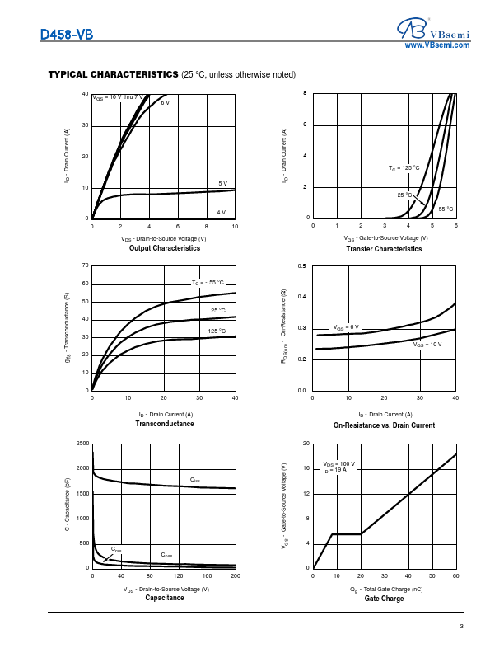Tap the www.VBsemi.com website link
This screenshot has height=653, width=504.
coord(436,45)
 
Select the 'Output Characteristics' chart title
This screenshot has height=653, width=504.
coord(165,248)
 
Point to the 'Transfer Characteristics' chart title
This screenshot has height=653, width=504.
coord(384,249)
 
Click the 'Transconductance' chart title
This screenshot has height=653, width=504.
coord(165,424)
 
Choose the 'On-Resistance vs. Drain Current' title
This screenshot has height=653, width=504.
coord(384,425)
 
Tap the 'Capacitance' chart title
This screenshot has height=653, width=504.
coord(165,598)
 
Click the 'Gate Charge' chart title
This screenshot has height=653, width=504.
coord(384,599)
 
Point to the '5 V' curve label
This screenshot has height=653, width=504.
coord(222,183)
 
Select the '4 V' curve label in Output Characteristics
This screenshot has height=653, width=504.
coord(221,212)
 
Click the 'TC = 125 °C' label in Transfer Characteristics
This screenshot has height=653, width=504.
coord(404,167)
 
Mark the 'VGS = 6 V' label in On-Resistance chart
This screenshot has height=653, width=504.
coord(346,327)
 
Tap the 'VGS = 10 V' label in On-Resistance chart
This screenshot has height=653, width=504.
coord(427,345)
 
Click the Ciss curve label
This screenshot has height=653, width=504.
coord(195,480)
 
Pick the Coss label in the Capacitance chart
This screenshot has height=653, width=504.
coord(166,555)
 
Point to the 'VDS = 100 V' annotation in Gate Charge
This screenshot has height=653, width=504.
coord(338,464)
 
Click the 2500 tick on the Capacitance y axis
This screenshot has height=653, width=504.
coord(82,444)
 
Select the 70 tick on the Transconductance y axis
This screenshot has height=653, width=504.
coord(86,265)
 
